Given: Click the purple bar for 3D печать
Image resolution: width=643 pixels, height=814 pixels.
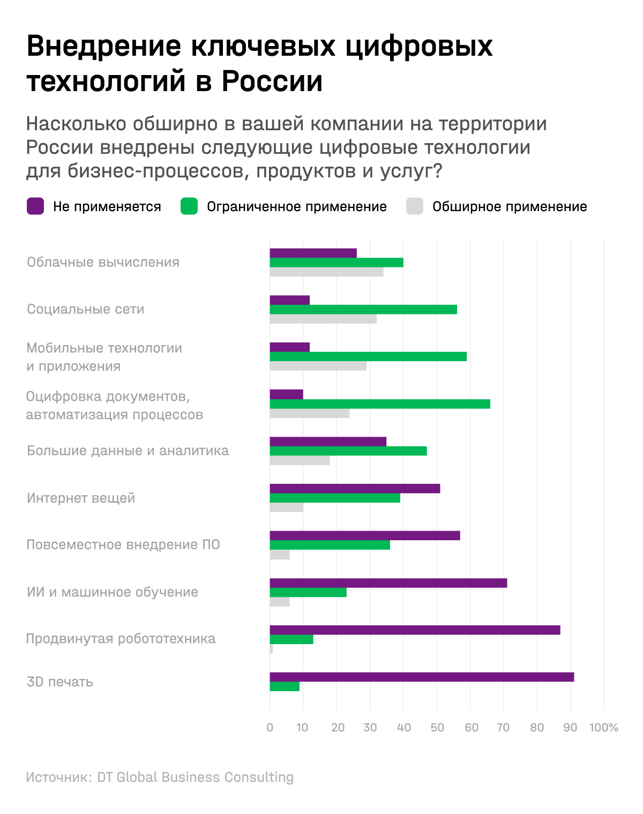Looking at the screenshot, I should [422, 677].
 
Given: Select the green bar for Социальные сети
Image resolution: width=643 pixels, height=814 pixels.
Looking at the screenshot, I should [363, 309].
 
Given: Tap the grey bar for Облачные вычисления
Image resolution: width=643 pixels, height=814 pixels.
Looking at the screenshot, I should [326, 272].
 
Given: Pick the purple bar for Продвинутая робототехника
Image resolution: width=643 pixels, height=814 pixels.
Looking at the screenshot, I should [415, 630].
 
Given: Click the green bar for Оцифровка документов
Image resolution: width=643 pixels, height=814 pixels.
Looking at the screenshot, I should [380, 404].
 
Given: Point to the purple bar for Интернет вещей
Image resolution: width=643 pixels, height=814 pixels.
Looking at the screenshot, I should [355, 488].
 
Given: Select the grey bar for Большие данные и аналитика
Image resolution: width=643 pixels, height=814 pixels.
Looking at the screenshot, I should [300, 460].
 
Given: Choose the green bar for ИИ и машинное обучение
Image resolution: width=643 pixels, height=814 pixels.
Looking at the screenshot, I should [308, 592].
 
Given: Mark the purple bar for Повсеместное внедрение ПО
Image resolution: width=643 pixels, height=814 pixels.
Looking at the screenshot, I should [365, 535].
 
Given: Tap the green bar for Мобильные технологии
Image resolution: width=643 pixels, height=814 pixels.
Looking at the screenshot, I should [368, 356].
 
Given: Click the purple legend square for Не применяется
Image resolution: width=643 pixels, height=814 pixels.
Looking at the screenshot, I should [35, 206].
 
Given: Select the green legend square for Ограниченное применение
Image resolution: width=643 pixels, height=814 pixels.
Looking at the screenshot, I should [189, 206].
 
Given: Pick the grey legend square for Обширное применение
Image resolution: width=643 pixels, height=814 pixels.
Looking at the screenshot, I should [415, 206].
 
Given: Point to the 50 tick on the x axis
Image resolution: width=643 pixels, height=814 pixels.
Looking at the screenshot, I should [437, 727].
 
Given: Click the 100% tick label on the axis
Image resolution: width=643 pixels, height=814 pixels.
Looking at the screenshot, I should [604, 727].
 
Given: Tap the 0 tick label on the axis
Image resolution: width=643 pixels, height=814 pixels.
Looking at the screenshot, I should [270, 727].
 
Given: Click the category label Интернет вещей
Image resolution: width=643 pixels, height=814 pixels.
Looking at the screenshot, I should [81, 498].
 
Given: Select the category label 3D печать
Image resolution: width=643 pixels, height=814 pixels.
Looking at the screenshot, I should [60, 682].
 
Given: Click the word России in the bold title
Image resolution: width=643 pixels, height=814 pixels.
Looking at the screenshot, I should [272, 81].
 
